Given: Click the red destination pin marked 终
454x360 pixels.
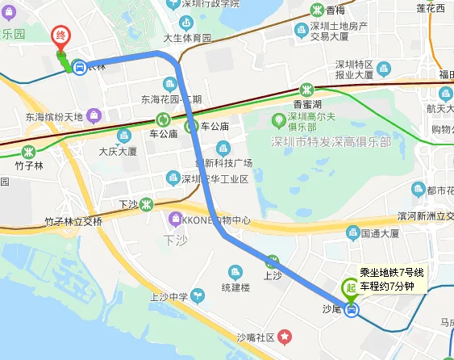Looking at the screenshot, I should (60, 37).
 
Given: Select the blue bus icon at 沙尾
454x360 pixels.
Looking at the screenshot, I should (351, 309).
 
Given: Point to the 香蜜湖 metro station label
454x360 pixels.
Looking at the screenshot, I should (307, 104).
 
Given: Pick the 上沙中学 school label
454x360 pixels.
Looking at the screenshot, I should (169, 297).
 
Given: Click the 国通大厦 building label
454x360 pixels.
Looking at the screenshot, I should (381, 233).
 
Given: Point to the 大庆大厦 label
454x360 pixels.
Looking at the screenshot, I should (118, 151).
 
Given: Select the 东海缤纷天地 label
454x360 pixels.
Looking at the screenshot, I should (54, 116).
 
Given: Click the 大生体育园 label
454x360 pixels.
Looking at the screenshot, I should (187, 38).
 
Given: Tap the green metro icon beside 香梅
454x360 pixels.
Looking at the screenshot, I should (319, 10).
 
